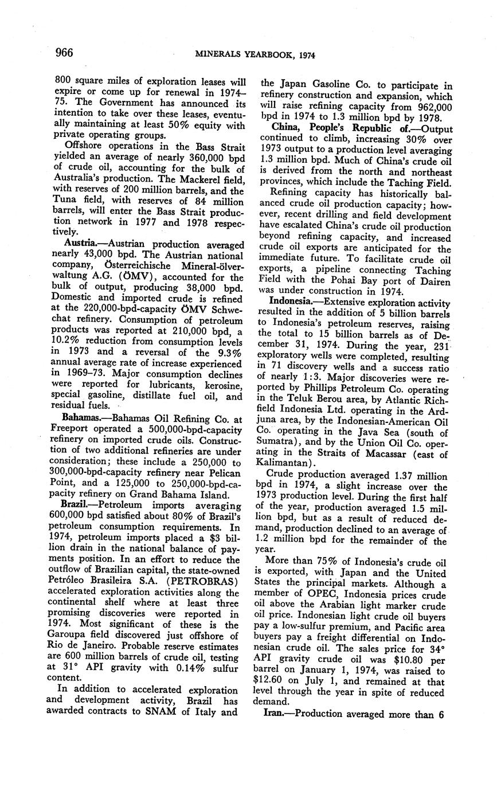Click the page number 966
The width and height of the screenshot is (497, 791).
64,53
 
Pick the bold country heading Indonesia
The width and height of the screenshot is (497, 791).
290,300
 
